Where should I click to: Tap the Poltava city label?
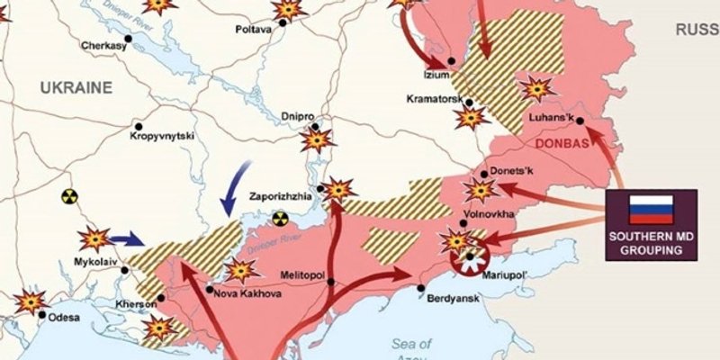[x=253, y=29]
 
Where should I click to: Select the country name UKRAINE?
[x=75, y=87]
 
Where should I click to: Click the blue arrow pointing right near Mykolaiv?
[x=127, y=238]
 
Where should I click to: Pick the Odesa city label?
[x=63, y=317]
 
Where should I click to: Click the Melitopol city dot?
[x=332, y=282]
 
